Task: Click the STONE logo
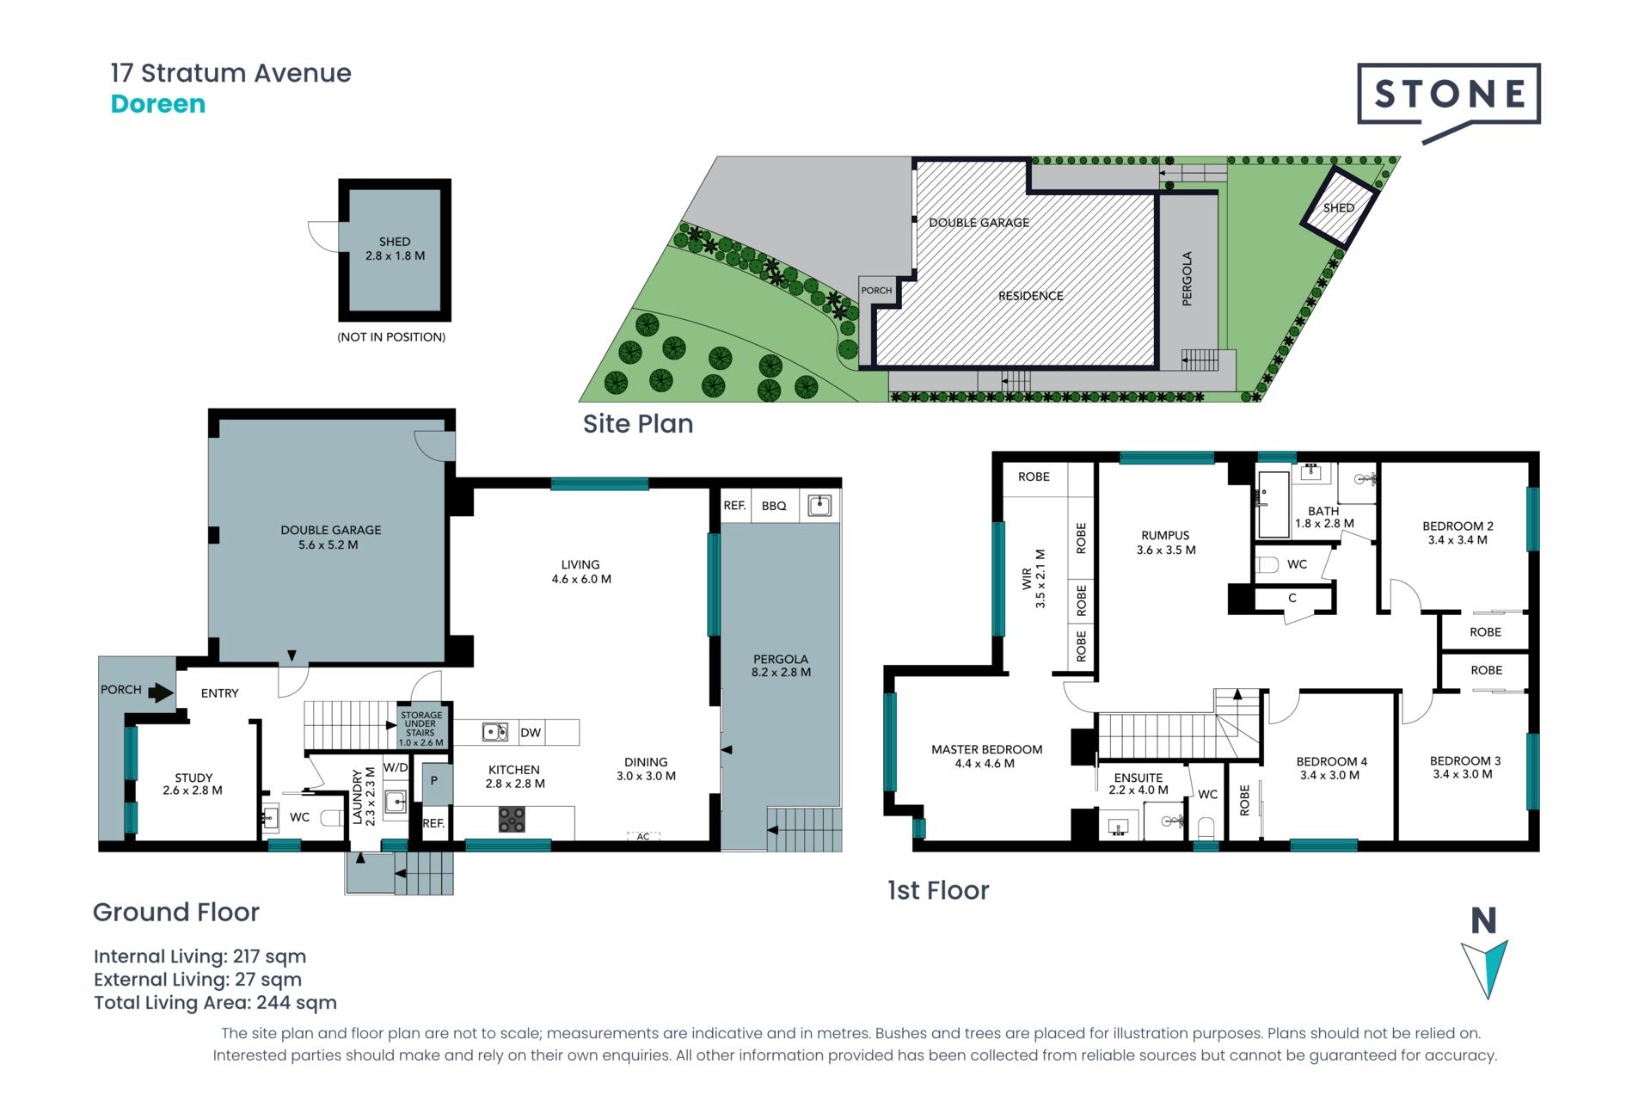(1449, 99)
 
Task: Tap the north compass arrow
(1485, 969)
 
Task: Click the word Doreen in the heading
(158, 104)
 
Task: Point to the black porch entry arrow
(161, 692)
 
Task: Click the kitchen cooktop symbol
(512, 819)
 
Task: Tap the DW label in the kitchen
(531, 733)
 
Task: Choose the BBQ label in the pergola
(774, 506)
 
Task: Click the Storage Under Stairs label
(421, 729)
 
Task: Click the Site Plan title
(638, 424)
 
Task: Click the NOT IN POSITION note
(391, 337)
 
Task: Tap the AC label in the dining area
(643, 836)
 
